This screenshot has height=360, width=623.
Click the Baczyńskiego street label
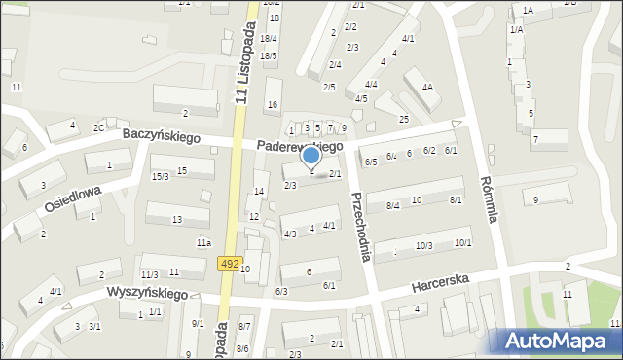tap(162, 137)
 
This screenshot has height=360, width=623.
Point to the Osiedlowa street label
tap(72, 199)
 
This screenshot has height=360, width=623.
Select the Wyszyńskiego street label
tap(146, 292)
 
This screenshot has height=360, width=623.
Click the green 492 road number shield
tap(230, 264)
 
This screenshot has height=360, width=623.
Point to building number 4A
tap(427, 87)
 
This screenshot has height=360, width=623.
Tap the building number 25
tap(404, 119)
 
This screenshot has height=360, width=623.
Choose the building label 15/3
tap(160, 176)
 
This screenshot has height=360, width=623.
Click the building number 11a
tap(203, 241)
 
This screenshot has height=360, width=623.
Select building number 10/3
tap(423, 245)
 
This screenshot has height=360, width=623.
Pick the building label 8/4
tap(393, 205)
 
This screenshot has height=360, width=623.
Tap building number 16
tap(273, 105)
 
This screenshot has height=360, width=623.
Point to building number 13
tap(176, 220)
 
